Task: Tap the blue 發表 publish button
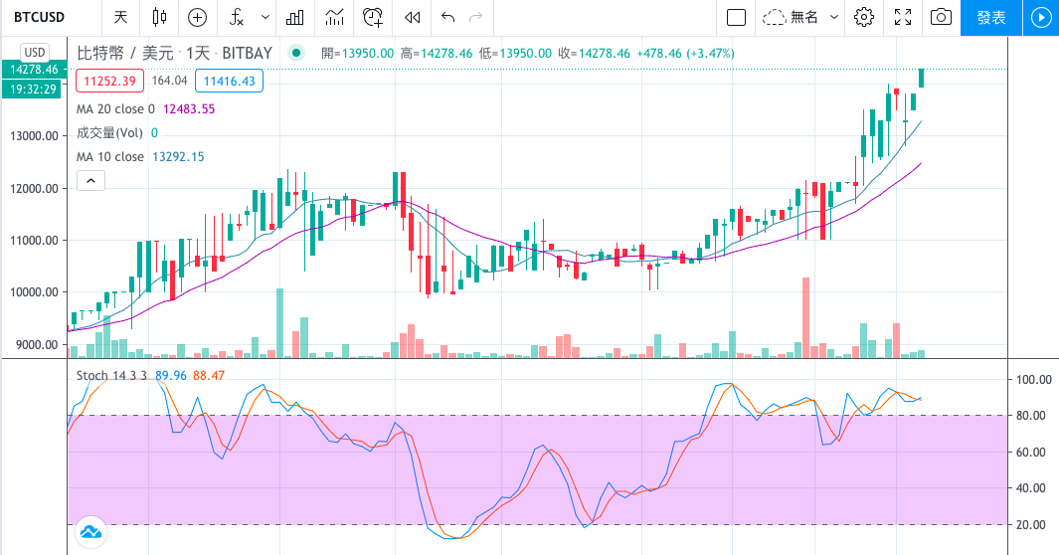(990, 17)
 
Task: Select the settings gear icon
(864, 17)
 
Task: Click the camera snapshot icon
(941, 17)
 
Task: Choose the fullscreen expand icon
(903, 17)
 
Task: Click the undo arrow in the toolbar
(448, 17)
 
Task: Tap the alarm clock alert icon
(373, 17)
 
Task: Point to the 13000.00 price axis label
(32, 136)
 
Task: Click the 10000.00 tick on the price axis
(32, 292)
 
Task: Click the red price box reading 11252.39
(112, 82)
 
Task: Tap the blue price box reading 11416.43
(228, 82)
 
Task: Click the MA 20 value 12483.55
(189, 108)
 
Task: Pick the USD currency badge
(35, 52)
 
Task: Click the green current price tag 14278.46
(34, 70)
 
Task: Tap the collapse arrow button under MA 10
(90, 181)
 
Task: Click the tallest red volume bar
(805, 317)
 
